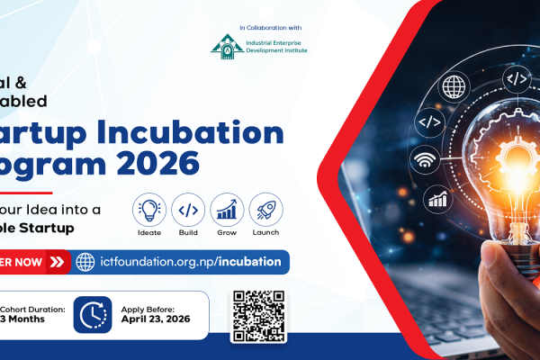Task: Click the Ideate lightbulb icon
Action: tap(148, 209)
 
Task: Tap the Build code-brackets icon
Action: tap(188, 209)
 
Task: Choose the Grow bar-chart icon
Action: tap(227, 209)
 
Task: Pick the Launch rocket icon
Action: tap(265, 209)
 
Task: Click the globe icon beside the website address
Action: tap(85, 262)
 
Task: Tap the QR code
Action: tap(258, 315)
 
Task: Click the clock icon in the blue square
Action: tap(92, 315)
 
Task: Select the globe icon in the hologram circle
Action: tap(454, 87)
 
